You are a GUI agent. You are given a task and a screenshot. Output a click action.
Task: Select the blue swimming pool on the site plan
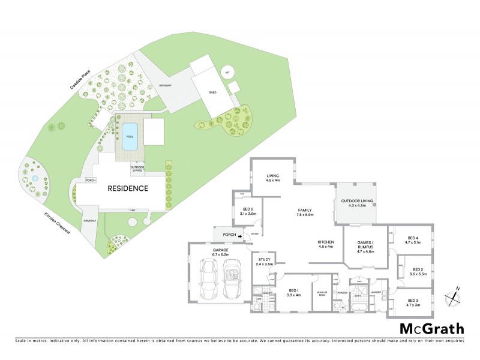[129, 137]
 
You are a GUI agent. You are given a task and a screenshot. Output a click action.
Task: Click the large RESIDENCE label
[128, 188]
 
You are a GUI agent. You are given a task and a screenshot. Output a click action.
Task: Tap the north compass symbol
[452, 297]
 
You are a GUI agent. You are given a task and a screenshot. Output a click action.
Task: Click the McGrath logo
[432, 328]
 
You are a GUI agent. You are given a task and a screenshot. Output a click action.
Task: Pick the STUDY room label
[264, 259]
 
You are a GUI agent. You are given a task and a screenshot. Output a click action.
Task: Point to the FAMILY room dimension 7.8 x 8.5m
[306, 214]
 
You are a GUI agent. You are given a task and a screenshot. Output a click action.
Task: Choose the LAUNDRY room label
[376, 293]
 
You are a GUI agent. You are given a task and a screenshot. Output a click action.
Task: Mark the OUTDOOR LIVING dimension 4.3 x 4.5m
[357, 206]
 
